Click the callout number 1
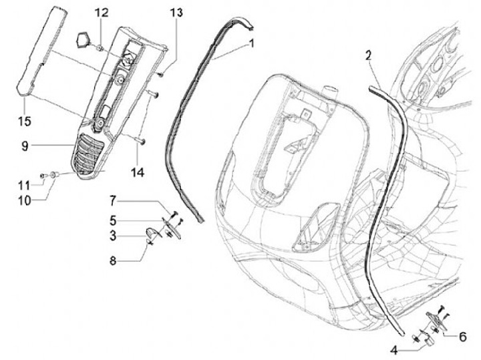[252, 43]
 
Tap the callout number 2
[368, 55]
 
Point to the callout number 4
[393, 349]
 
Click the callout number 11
[23, 184]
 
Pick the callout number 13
[175, 13]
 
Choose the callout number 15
[24, 121]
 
